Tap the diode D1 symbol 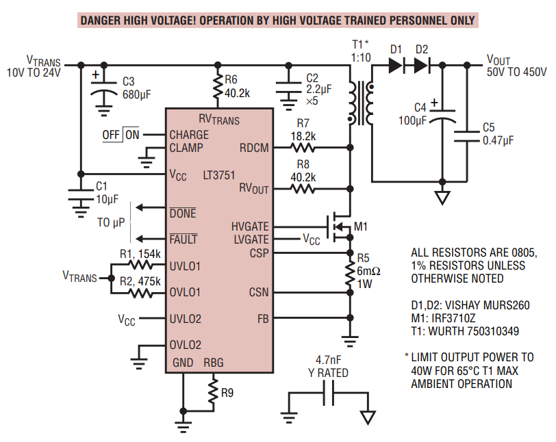click(x=395, y=65)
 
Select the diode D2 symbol click(x=421, y=65)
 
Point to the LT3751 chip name click(x=221, y=174)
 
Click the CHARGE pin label click(x=190, y=135)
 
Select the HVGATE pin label click(x=250, y=226)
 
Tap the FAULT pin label click(x=183, y=239)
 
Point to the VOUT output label click(x=498, y=60)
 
